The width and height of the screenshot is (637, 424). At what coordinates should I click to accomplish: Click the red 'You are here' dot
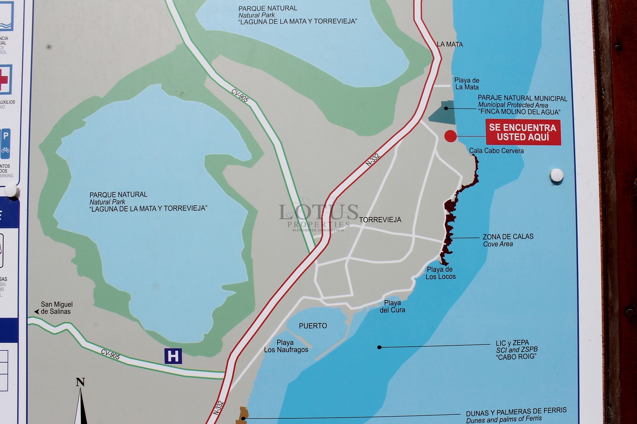pos(451,136)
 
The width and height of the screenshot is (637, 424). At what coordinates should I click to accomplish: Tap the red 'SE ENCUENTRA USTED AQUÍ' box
pos(523,132)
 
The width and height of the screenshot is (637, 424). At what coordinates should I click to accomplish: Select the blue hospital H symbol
pos(173,356)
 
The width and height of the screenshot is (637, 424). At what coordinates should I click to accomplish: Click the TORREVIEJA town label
pos(380,220)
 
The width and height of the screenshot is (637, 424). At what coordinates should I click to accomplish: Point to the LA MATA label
pos(450,44)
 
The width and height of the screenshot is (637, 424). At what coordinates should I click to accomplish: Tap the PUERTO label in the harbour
pos(313,326)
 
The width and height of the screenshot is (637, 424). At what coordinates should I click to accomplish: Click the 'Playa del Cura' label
pos(392,306)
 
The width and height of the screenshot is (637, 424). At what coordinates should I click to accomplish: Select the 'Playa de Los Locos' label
pos(440,273)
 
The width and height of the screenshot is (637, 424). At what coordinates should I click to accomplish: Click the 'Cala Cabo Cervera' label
pos(496,151)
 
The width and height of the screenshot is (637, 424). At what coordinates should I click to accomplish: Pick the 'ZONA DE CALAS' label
pos(508,237)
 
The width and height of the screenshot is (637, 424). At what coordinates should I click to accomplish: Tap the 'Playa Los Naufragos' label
pos(286,346)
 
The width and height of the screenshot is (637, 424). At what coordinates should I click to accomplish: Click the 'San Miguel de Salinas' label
pos(56,308)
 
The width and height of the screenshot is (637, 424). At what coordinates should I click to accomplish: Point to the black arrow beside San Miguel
pos(36,312)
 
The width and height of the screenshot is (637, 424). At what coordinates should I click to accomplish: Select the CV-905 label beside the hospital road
pos(110,354)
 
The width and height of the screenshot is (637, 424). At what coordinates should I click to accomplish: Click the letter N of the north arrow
pos(80,382)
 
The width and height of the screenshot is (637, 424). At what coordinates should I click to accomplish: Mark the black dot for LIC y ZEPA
pos(379,347)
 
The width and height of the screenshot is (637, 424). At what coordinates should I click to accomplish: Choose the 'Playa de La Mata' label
pos(467,84)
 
